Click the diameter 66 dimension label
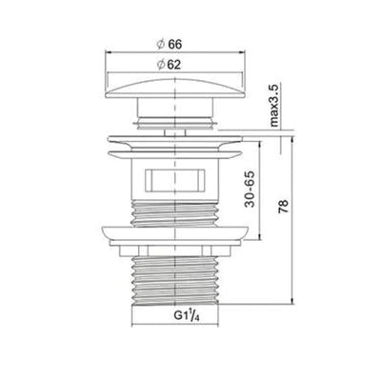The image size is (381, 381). (x=170, y=45)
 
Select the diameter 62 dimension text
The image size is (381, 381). (x=169, y=65)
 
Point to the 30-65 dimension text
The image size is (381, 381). (x=250, y=189)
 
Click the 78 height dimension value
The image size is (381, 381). (x=284, y=207)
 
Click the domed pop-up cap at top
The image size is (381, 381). (x=175, y=89)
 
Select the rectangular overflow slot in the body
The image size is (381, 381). (x=175, y=180)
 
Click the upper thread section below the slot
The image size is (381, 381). (x=175, y=214)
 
